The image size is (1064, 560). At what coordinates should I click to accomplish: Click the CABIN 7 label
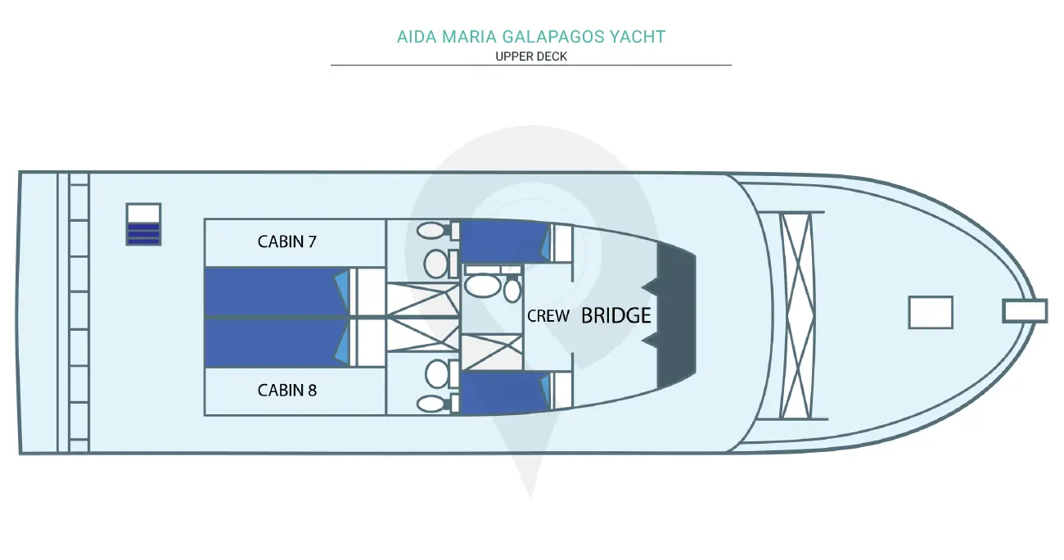[286, 242]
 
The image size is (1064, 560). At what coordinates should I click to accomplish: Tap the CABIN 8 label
[286, 390]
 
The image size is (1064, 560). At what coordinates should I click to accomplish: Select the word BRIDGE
[616, 315]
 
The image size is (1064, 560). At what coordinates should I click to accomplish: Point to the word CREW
[548, 316]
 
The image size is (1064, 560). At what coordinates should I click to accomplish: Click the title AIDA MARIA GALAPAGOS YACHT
[531, 37]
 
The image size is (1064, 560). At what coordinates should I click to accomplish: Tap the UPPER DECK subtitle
[531, 56]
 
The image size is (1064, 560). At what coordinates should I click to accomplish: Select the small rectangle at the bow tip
[1025, 311]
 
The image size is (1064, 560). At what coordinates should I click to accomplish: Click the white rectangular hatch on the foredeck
[931, 313]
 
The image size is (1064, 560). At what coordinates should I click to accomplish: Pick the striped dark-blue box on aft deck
[144, 224]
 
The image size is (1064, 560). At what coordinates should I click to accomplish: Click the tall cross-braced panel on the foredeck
[796, 315]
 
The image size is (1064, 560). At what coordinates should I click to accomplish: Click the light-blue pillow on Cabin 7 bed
[342, 291]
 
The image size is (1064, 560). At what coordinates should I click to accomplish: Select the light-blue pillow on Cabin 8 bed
[342, 342]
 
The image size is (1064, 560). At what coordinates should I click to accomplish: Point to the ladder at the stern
[79, 312]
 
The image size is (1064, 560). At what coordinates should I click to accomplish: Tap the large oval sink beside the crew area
[483, 286]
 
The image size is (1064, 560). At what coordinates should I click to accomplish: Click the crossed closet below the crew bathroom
[492, 351]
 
